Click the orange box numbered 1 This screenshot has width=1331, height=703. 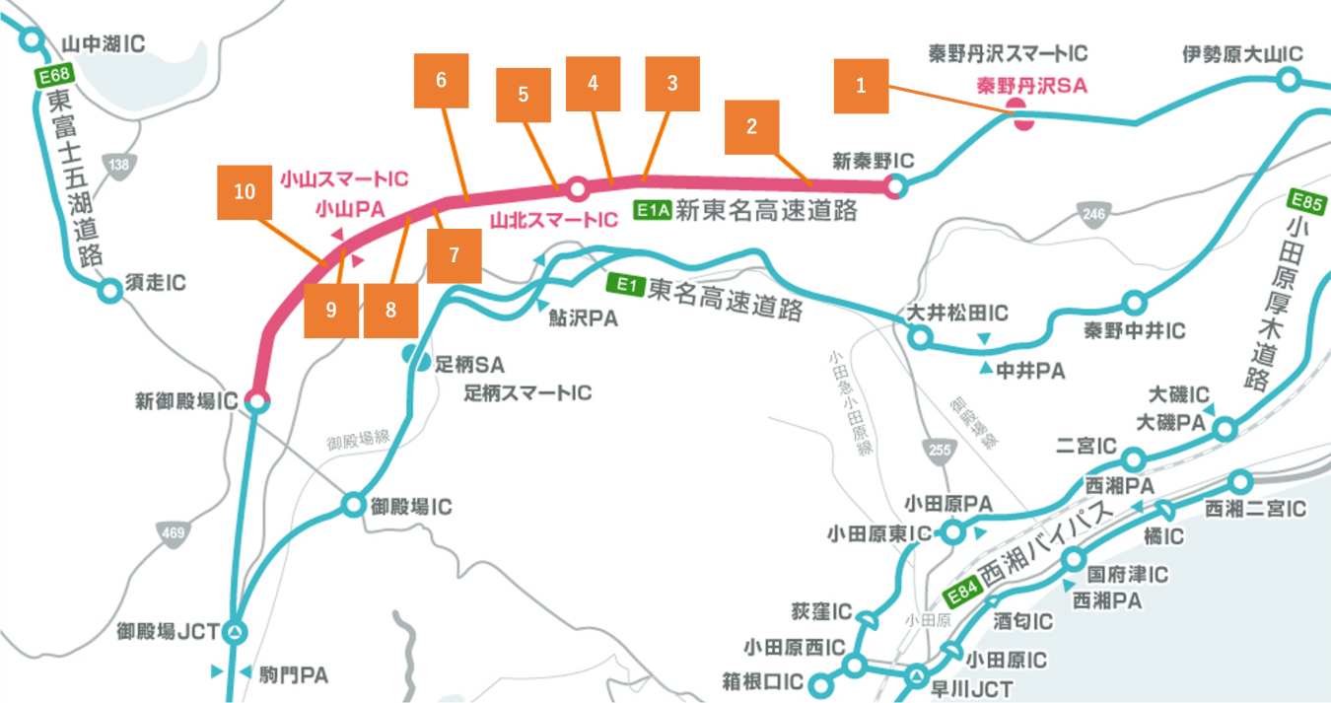(x=861, y=86)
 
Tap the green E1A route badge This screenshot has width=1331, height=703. (x=652, y=210)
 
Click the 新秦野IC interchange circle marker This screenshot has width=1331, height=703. (x=895, y=185)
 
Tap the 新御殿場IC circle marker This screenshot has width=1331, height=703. (x=257, y=400)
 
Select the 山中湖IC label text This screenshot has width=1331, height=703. (x=104, y=44)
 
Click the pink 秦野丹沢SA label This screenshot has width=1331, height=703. (x=1031, y=86)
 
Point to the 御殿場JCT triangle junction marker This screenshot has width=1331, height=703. (x=237, y=632)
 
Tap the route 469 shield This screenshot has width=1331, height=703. (x=173, y=533)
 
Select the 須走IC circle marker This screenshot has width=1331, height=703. (x=109, y=290)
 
